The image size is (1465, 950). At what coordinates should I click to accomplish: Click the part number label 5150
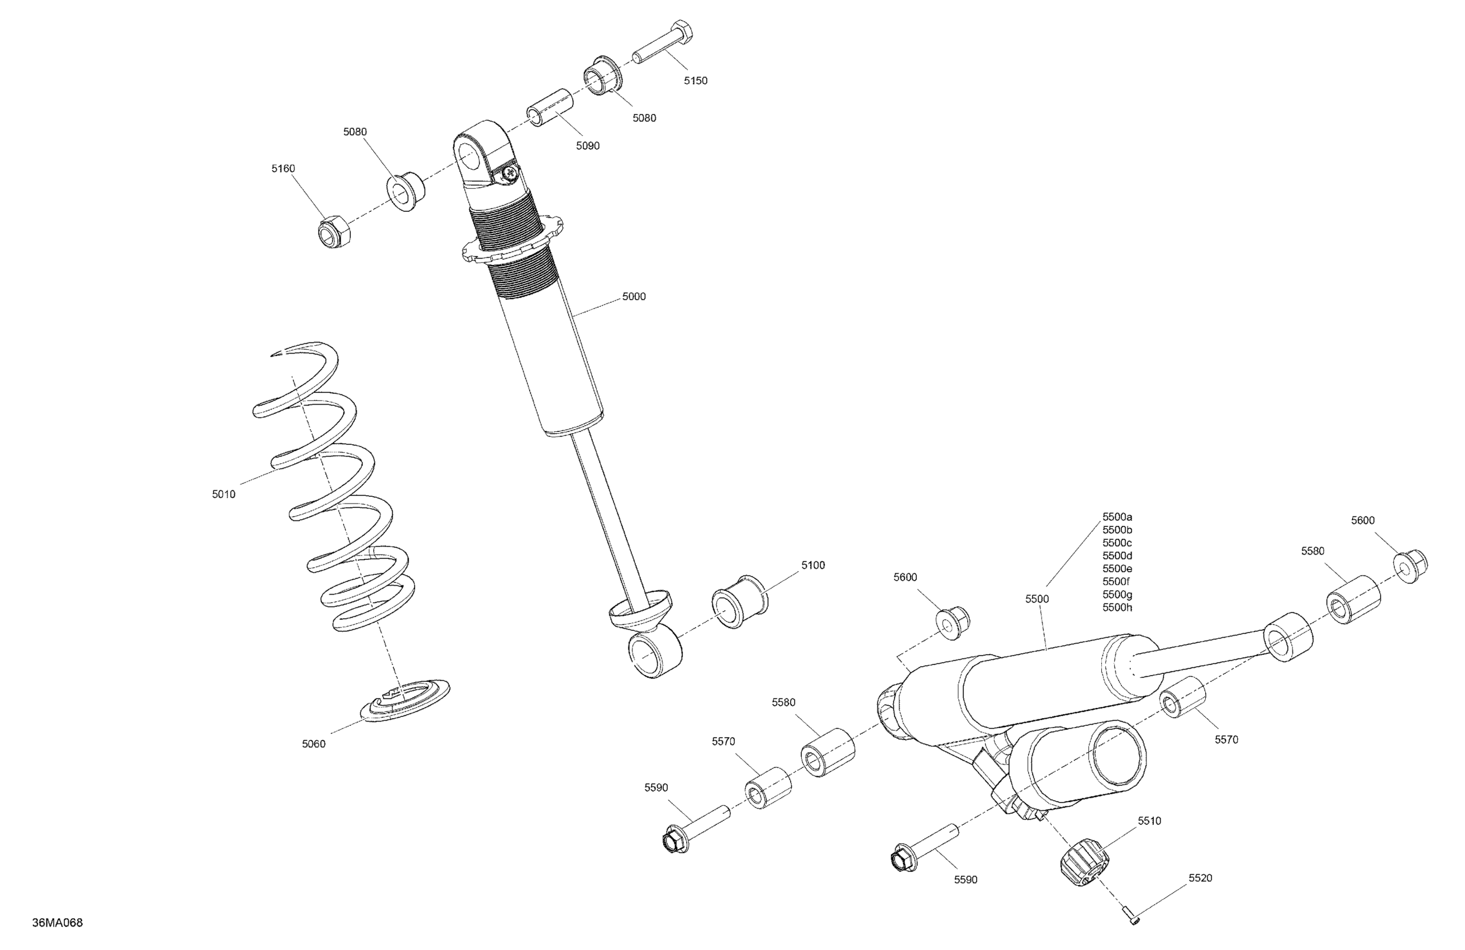696,80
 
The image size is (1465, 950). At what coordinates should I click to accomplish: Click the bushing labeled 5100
738,601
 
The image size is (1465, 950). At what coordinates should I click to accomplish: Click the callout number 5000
634,297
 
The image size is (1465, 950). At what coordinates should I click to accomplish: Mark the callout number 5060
313,744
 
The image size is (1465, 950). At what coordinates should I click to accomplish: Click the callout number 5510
1149,821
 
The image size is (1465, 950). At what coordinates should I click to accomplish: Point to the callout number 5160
283,169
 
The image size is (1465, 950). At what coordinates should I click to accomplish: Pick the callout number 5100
812,565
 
